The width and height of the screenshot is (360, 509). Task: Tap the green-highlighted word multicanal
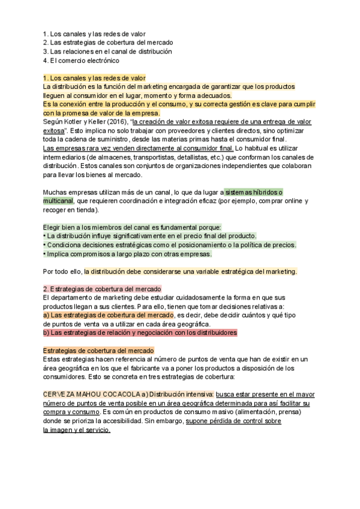coord(58,201)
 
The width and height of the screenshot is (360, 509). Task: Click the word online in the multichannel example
coord(285,201)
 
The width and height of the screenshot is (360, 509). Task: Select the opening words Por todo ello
coord(64,271)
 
